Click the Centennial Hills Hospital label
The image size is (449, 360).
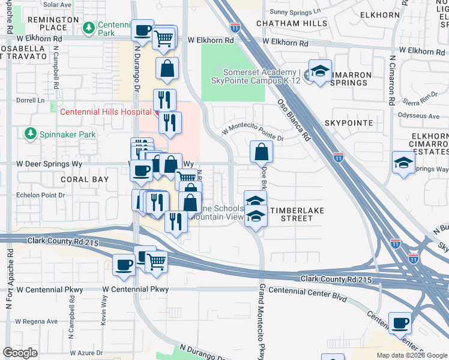pos(104,112)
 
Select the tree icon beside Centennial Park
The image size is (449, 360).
pos(89,28)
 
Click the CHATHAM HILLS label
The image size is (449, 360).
pos(292,24)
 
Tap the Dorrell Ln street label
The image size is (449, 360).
pos(31,101)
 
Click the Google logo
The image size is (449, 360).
pos(21,352)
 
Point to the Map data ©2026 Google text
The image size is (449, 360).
pos(412,355)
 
